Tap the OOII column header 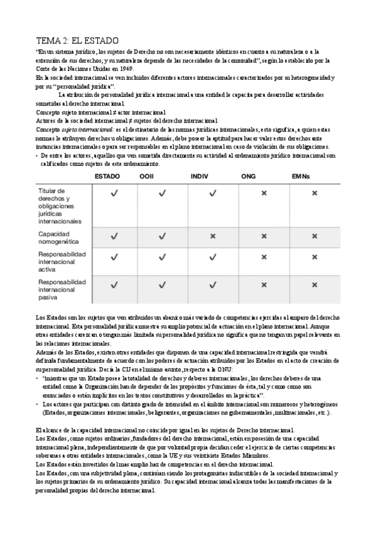click(x=146, y=177)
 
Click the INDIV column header click(x=200, y=177)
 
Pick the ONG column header click(x=249, y=177)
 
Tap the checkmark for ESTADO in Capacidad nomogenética click(x=114, y=236)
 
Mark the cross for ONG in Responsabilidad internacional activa click(x=263, y=257)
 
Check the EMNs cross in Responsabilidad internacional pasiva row click(x=314, y=285)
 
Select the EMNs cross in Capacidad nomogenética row click(x=314, y=236)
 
